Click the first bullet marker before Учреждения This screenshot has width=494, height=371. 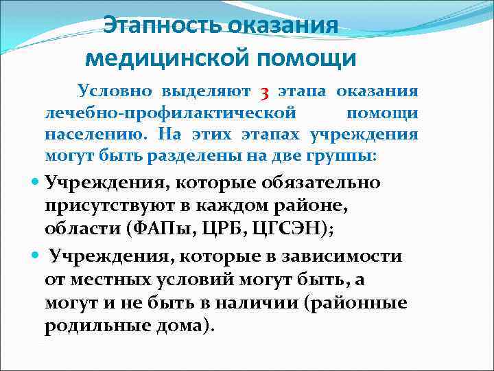pos(36,183)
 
